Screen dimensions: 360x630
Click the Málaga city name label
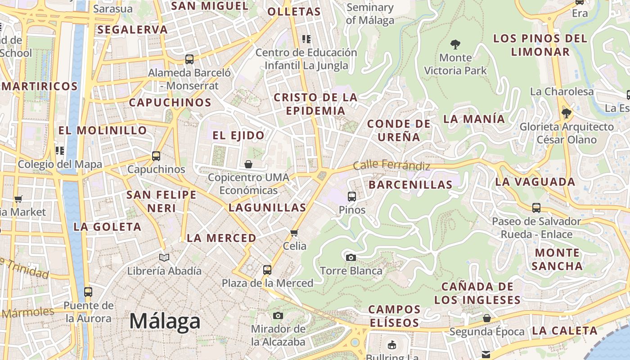pos(165,321)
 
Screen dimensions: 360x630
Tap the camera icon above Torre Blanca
pos(351,257)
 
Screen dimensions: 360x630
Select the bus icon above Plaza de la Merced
pos(267,270)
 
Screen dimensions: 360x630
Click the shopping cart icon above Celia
pos(294,233)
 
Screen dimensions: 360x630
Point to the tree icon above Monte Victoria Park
pos(455,44)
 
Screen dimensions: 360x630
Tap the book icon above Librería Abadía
pos(164,257)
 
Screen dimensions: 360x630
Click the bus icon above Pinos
pos(352,196)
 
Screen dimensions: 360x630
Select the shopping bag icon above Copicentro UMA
pos(248,164)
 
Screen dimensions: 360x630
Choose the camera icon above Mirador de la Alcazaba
pos(278,315)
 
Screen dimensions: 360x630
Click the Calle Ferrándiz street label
pos(391,165)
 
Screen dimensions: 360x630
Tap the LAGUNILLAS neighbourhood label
pos(267,207)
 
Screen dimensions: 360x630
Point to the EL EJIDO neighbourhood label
pos(238,135)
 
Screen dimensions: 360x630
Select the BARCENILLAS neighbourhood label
pos(410,184)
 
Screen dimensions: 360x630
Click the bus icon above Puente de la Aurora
pos(88,292)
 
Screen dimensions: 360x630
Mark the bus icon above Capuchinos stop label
pos(156,156)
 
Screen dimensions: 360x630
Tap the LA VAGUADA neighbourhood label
pos(535,182)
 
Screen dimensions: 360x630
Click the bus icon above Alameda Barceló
pos(189,59)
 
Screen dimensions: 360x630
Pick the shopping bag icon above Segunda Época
pos(487,318)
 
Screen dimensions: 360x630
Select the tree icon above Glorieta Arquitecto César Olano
pos(566,113)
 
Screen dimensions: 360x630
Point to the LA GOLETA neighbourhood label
pos(108,227)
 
